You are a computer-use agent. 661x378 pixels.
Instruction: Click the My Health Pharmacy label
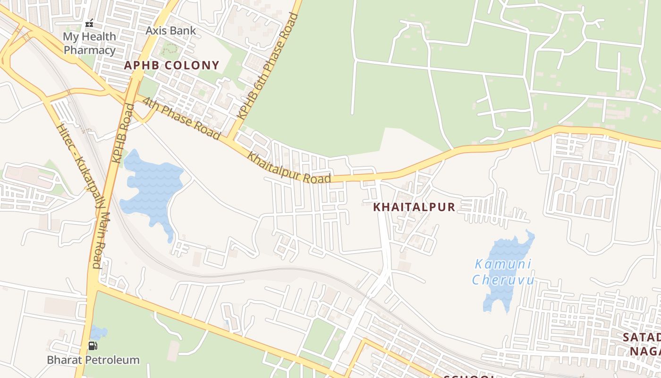click(89, 43)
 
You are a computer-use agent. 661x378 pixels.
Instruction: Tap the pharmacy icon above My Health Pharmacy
click(89, 23)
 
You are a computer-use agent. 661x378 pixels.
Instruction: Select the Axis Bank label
click(170, 31)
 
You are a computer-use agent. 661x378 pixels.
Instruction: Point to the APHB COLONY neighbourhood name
click(172, 65)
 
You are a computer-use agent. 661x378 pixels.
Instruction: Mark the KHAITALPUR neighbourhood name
click(414, 207)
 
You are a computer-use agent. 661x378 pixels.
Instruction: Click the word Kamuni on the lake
click(503, 264)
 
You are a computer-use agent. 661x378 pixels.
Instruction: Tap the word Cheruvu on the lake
click(503, 280)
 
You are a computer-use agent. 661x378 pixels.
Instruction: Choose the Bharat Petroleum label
click(93, 360)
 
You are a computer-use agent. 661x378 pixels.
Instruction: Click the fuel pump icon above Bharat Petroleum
click(93, 346)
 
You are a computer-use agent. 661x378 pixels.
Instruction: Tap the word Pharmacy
click(89, 50)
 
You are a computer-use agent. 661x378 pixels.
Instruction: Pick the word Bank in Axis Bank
click(183, 31)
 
